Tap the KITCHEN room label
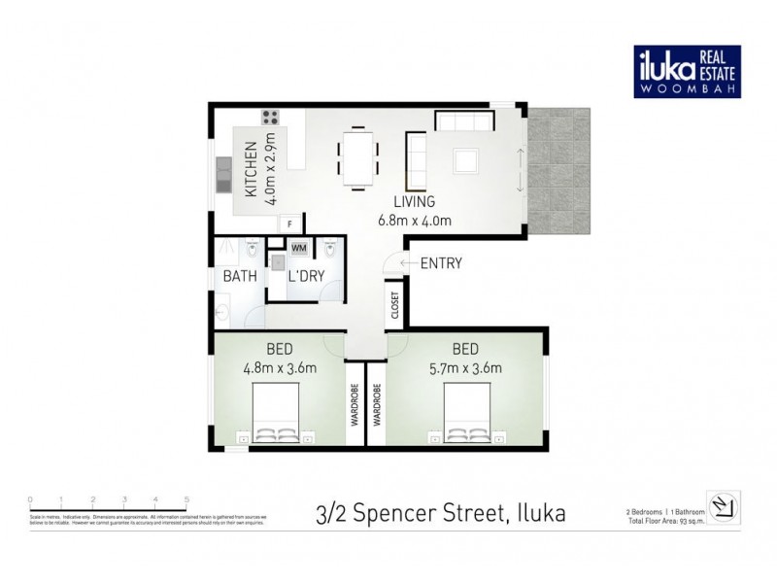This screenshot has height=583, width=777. pyautogui.click(x=251, y=171)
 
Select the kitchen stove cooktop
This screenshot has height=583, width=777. pyautogui.click(x=269, y=119)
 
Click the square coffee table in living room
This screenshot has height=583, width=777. pyautogui.click(x=465, y=159)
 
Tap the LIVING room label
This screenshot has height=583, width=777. pyautogui.click(x=415, y=202)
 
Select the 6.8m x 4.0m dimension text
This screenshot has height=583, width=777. pyautogui.click(x=415, y=221)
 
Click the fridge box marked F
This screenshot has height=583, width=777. pyautogui.click(x=288, y=225)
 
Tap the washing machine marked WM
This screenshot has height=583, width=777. pyautogui.click(x=297, y=247)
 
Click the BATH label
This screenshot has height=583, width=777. pyautogui.click(x=240, y=276)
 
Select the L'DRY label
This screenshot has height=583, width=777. pyautogui.click(x=306, y=276)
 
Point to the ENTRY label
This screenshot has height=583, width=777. pyautogui.click(x=440, y=262)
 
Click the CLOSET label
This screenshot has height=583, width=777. pyautogui.click(x=395, y=305)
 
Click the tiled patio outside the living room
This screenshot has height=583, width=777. pyautogui.click(x=560, y=175)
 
